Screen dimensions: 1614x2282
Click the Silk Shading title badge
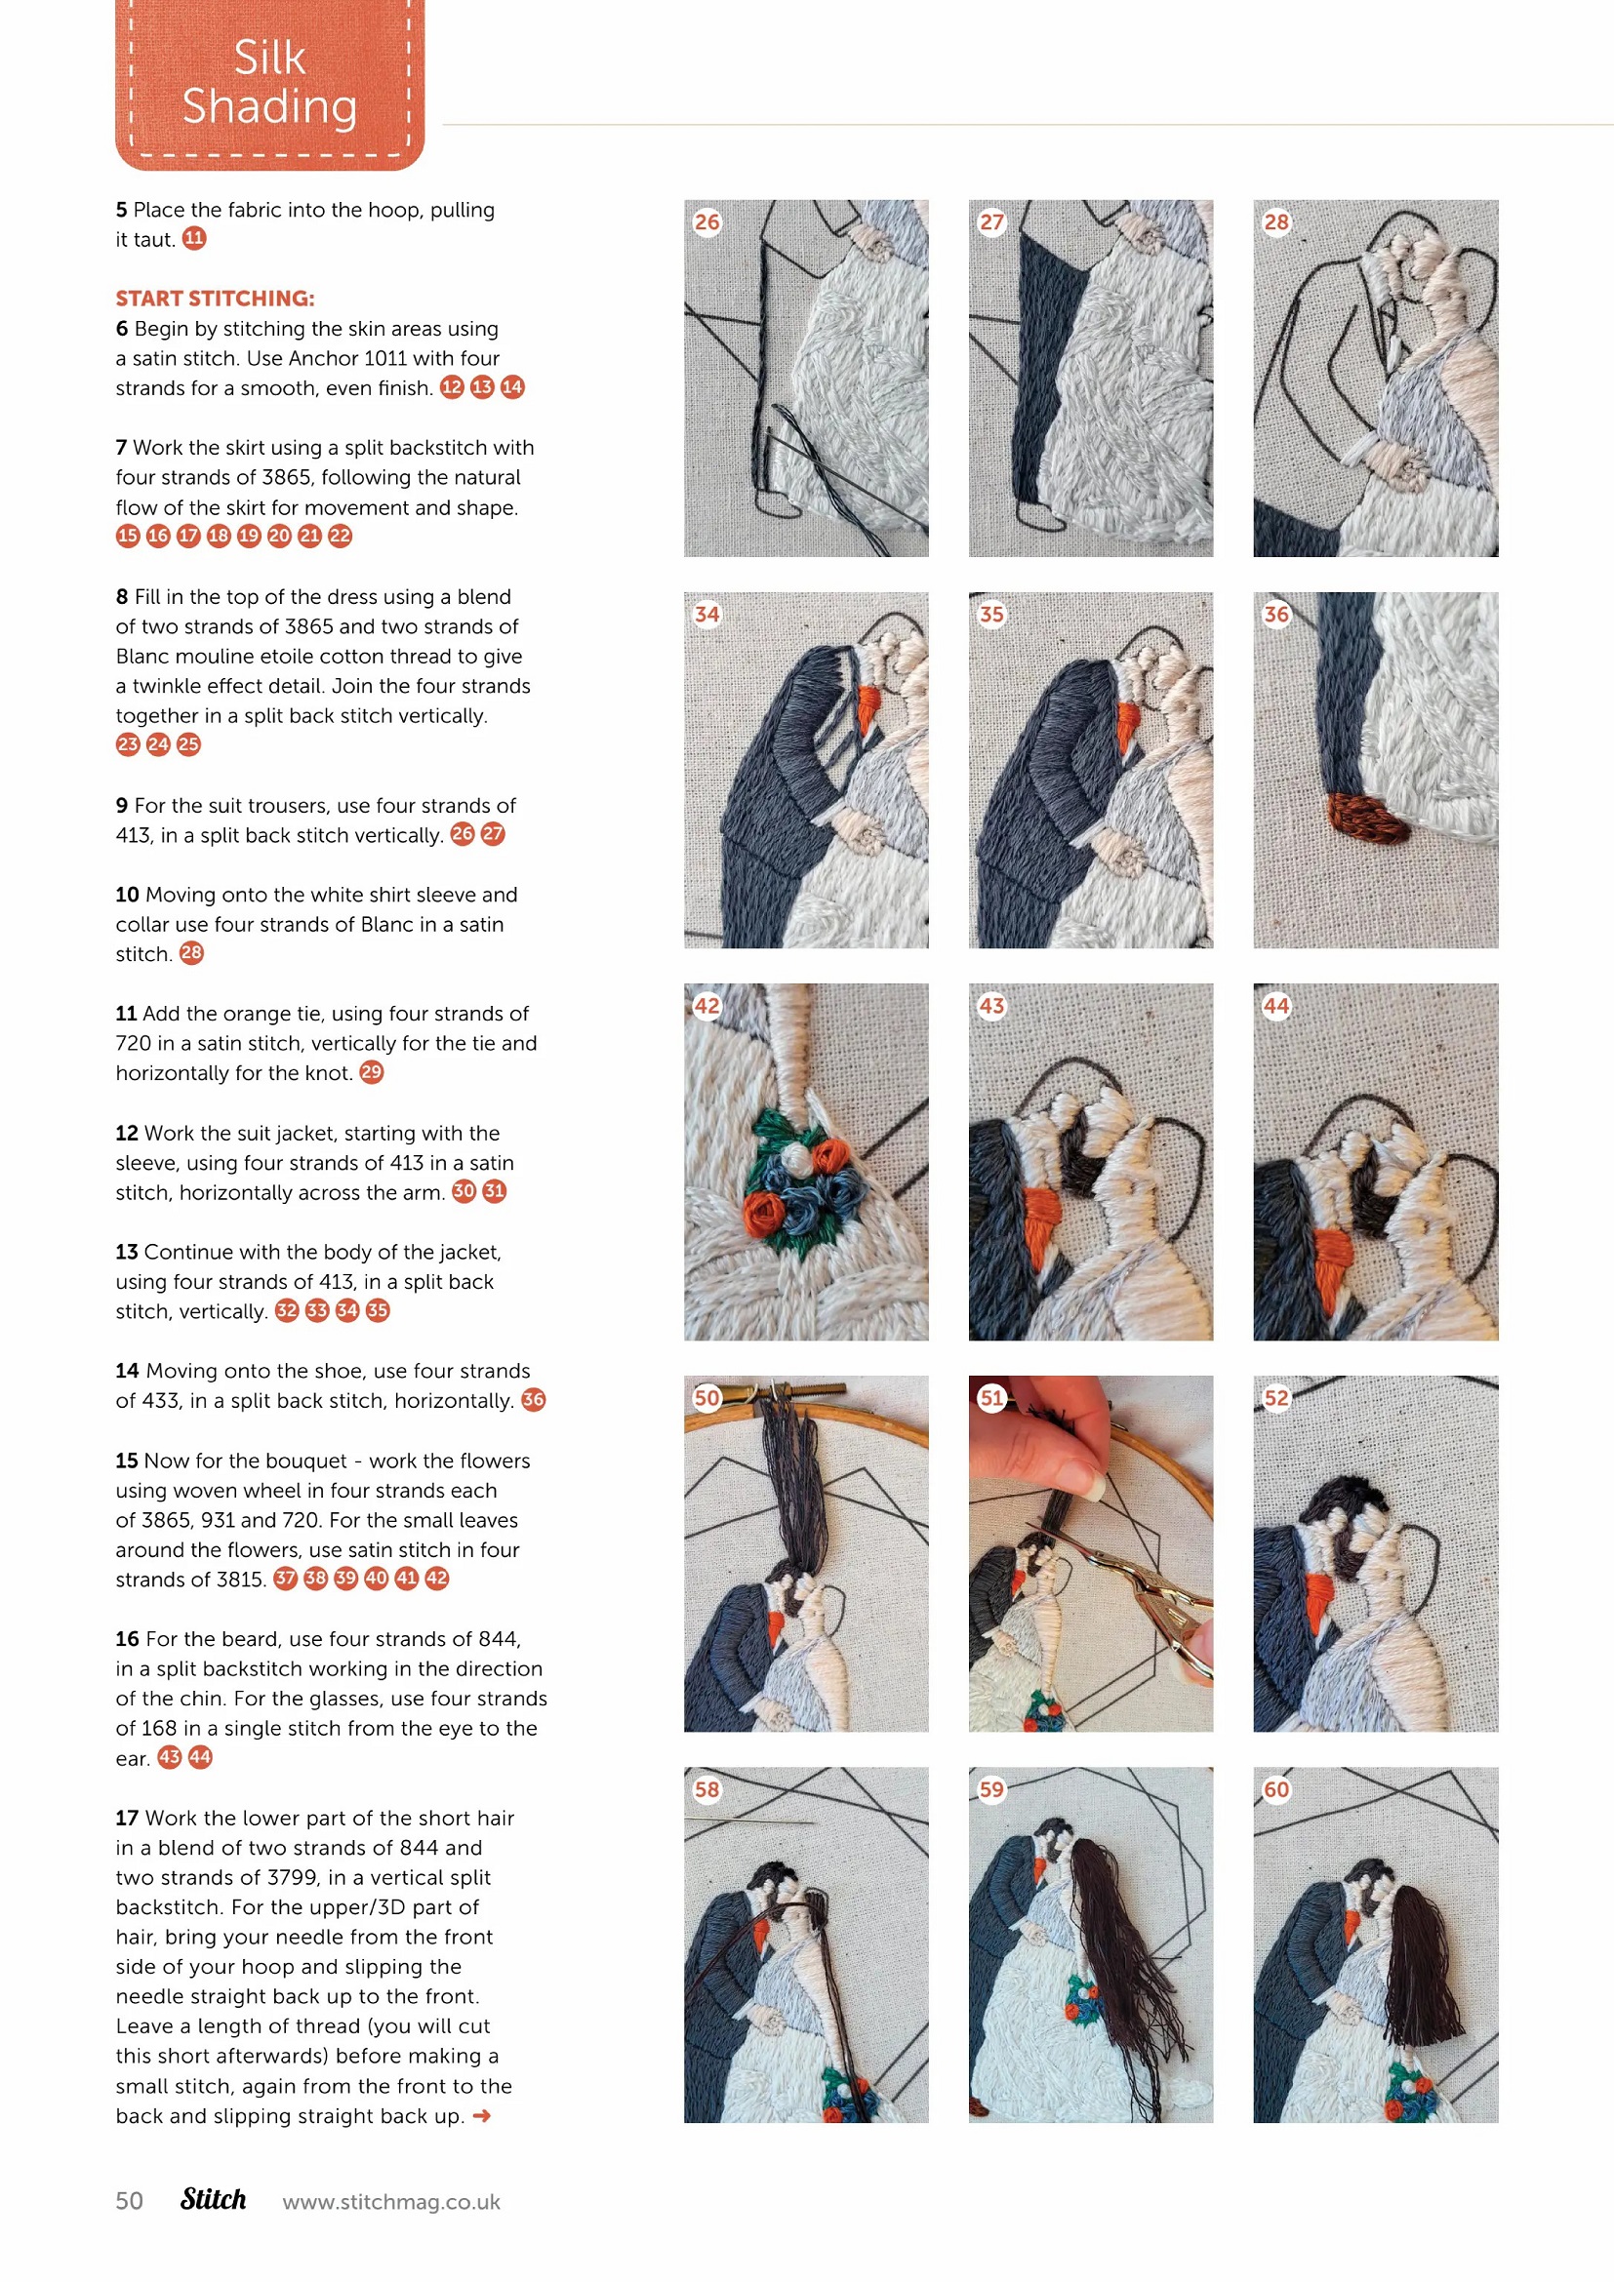coord(269,84)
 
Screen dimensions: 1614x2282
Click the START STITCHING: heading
coord(215,299)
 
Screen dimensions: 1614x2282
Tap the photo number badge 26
coord(706,221)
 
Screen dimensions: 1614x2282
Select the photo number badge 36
coord(1276,615)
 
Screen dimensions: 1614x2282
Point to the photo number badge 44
coord(1276,1006)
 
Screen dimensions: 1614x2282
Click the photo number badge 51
coord(991,1398)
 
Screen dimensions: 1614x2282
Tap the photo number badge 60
coord(1276,1790)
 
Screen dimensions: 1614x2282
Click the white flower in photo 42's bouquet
coord(795,1158)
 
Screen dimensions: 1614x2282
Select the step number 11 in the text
coord(126,1014)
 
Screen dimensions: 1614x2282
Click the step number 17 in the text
coord(126,1818)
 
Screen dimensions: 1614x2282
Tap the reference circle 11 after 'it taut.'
coord(195,238)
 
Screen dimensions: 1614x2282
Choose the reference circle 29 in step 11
coord(372,1072)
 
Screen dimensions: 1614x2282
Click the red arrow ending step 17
coord(482,2116)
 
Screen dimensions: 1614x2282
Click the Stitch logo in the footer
coord(214,2199)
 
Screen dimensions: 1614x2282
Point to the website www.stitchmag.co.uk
coord(391,2201)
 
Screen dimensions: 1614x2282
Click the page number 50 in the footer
coord(129,2200)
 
